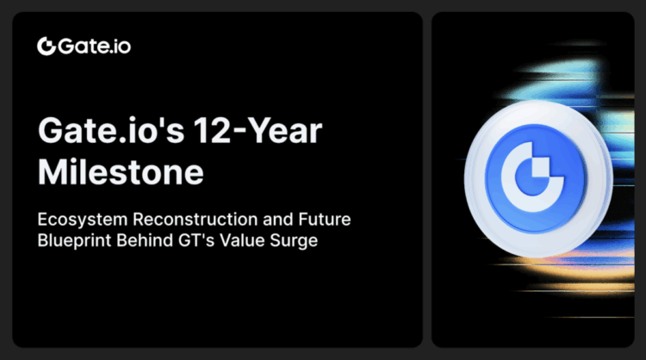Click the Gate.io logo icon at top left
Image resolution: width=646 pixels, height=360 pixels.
coord(47,46)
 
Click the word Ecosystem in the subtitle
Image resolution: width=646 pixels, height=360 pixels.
coord(77,220)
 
